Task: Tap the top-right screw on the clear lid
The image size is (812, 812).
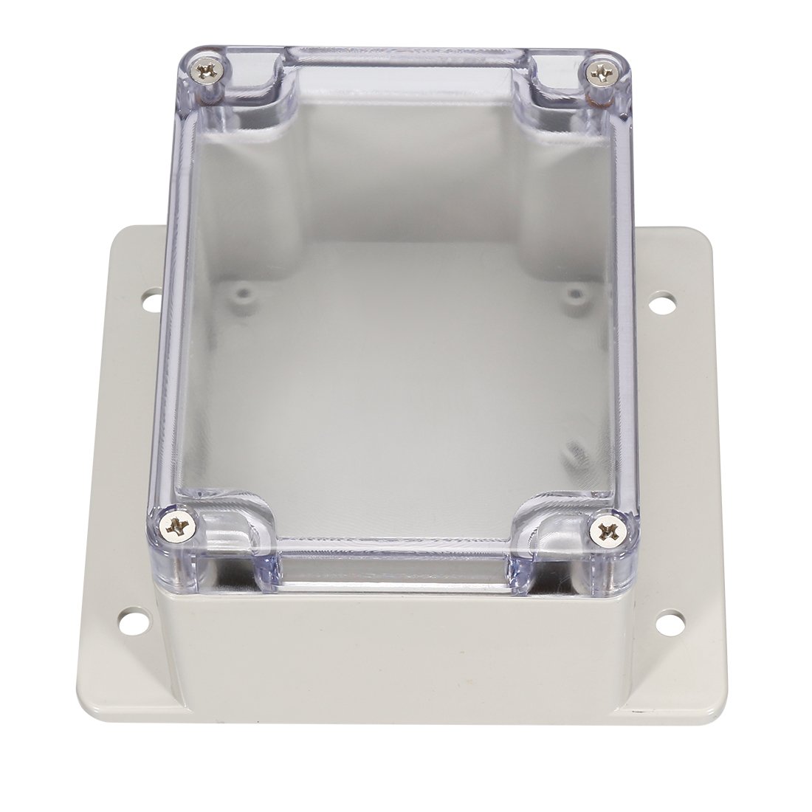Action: click(602, 73)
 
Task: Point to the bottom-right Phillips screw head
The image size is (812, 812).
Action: click(610, 529)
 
